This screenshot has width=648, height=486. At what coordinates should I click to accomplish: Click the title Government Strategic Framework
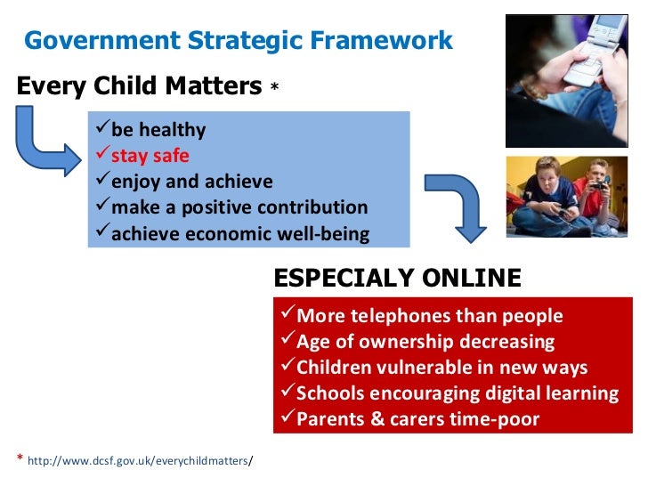point(238,40)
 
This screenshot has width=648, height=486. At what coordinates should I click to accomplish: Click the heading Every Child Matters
point(139,86)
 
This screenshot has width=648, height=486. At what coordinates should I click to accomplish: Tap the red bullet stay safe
point(150,156)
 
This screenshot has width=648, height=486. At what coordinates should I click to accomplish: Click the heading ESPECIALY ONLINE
point(397,278)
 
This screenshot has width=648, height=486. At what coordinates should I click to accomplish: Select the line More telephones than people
point(429,316)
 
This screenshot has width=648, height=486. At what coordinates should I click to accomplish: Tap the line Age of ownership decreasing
point(425,342)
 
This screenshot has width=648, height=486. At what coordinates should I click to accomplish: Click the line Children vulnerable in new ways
point(441,368)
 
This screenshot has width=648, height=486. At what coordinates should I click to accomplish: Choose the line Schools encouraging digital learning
point(457,393)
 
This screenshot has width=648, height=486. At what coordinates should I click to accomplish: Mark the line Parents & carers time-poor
point(417,419)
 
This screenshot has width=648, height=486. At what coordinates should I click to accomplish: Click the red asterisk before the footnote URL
point(20,458)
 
